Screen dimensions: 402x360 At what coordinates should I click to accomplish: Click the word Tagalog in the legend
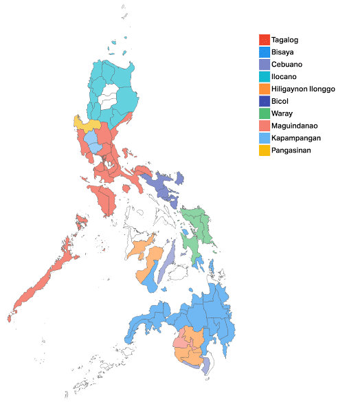pos(284,40)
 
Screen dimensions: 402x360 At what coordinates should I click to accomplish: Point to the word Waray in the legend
pos(282,113)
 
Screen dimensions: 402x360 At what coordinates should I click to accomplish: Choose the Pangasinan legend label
pos(291,150)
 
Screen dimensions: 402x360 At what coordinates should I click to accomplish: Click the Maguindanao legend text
pos(294,125)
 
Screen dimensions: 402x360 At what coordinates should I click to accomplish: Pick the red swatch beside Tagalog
pos(264,40)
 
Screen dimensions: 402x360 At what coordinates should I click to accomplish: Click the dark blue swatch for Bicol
pos(264,101)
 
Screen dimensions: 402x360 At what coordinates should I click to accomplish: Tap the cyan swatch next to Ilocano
pos(264,76)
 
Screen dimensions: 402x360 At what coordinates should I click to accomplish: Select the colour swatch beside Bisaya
pos(264,52)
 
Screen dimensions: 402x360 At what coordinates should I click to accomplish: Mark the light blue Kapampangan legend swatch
pos(264,137)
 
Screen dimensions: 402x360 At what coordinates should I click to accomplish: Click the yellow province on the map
pos(86,124)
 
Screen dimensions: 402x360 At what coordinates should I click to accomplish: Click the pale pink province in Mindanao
pos(179,342)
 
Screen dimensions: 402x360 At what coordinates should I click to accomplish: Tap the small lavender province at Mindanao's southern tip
pos(205,364)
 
